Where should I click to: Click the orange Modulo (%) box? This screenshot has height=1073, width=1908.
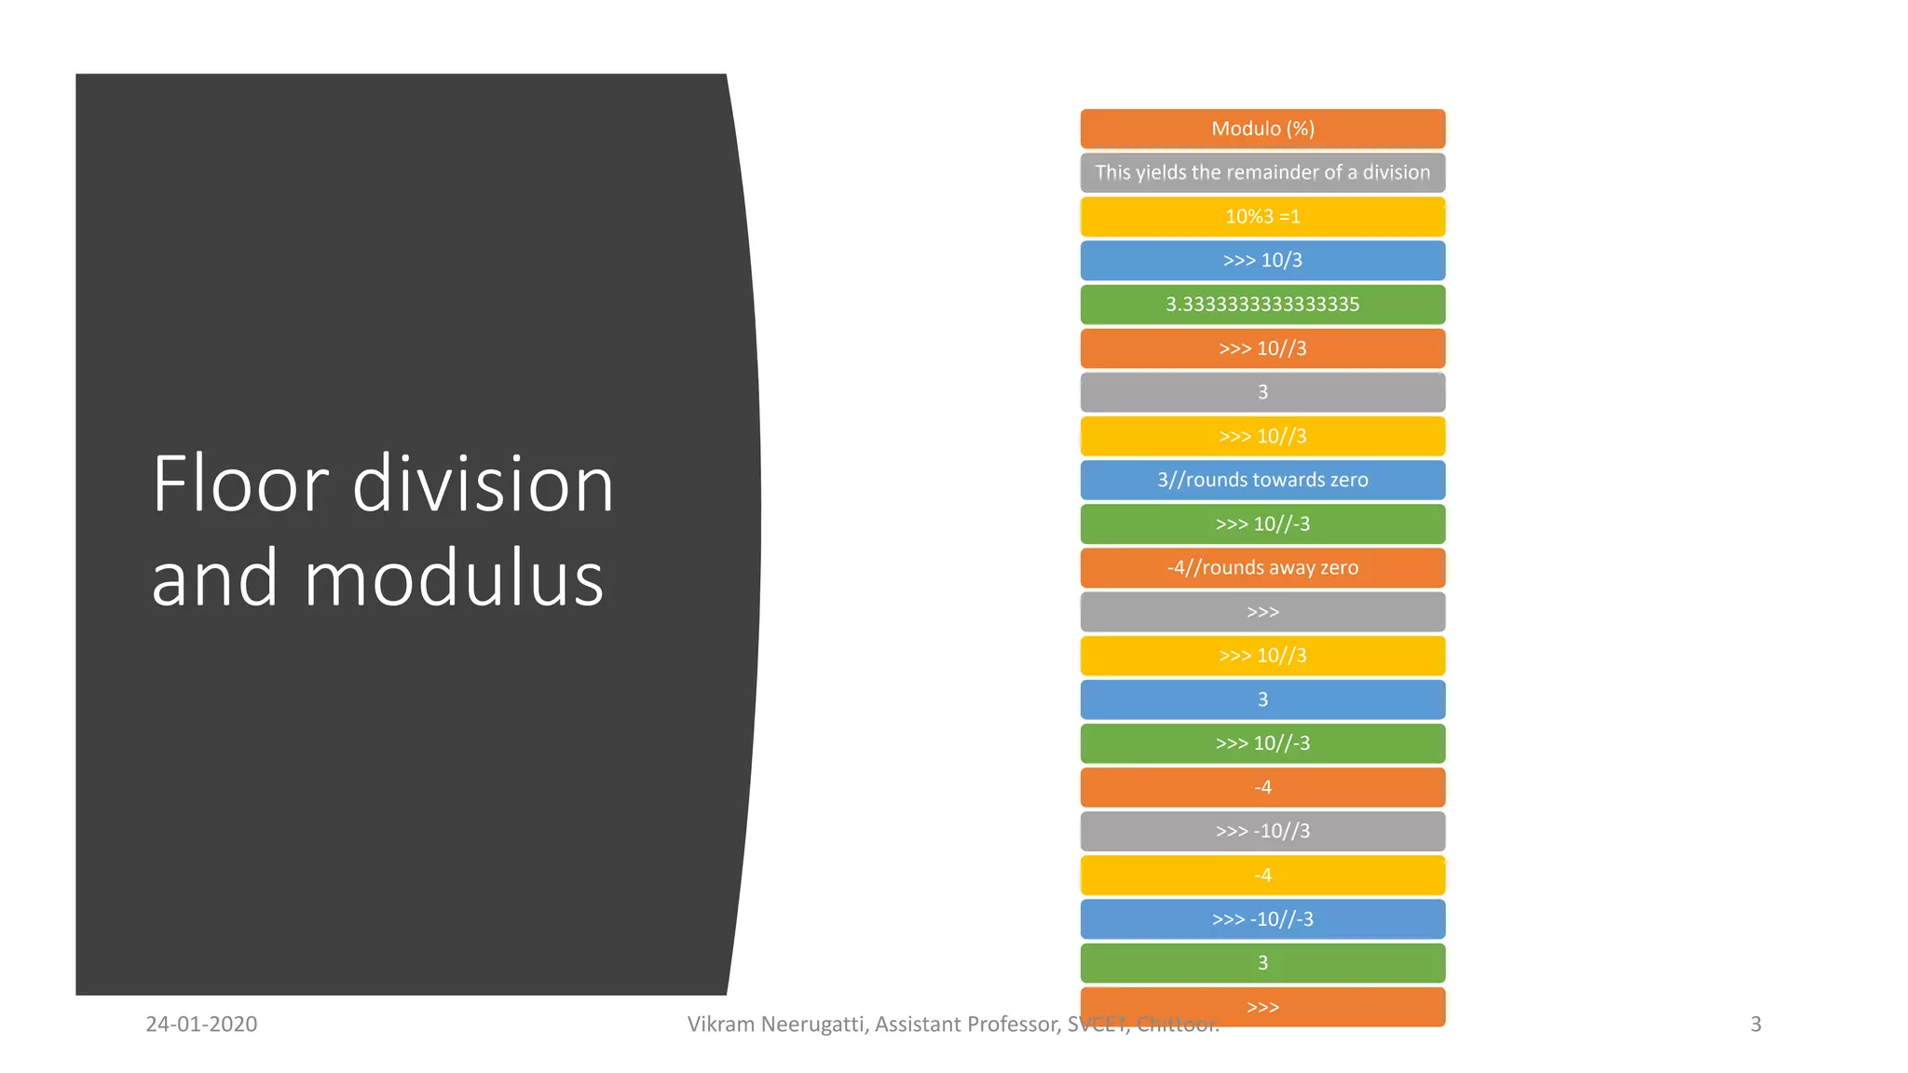point(1262,129)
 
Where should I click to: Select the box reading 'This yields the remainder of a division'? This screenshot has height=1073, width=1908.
point(1262,172)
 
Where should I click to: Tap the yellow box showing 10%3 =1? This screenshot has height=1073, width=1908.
point(1262,216)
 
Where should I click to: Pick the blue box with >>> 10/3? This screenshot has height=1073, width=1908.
point(1262,260)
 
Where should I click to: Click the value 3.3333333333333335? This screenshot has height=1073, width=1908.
point(1262,304)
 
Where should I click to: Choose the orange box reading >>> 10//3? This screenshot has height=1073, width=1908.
point(1262,348)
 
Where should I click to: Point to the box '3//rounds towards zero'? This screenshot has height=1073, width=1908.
point(1262,480)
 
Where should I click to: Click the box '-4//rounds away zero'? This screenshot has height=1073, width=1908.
point(1262,567)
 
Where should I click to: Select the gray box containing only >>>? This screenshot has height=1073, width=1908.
point(1262,612)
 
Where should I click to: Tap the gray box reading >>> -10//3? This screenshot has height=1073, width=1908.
point(1262,831)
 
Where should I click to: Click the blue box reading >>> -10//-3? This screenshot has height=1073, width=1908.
point(1262,919)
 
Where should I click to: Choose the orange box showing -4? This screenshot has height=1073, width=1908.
point(1262,787)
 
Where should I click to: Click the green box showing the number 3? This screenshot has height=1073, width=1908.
point(1262,963)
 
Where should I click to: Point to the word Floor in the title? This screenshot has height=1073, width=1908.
point(240,484)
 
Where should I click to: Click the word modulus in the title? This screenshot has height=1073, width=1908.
point(454,578)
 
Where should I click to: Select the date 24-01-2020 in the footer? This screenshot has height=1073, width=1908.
point(201,1025)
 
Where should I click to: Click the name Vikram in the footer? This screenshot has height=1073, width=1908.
point(720,1025)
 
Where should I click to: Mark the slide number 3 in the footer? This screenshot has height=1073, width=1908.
point(1755,1025)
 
